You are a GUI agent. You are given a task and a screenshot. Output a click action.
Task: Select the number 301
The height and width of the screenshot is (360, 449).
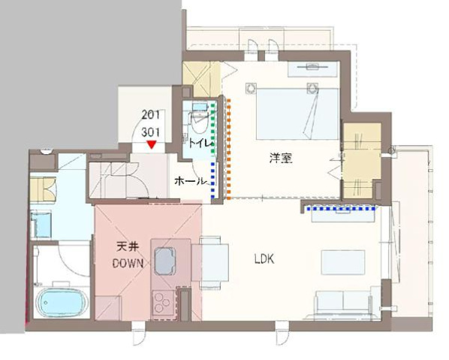[x=152, y=129]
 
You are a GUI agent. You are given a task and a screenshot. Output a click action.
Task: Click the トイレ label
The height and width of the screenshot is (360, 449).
[x=200, y=143]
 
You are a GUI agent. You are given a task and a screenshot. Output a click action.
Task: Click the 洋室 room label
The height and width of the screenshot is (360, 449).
[x=281, y=159]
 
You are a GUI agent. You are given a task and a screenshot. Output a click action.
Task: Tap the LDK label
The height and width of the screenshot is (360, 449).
[x=264, y=259]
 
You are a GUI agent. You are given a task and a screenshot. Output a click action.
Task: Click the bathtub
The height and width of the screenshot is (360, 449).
[x=64, y=303]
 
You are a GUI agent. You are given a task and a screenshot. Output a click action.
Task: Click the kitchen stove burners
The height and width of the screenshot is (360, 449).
[x=163, y=304]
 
